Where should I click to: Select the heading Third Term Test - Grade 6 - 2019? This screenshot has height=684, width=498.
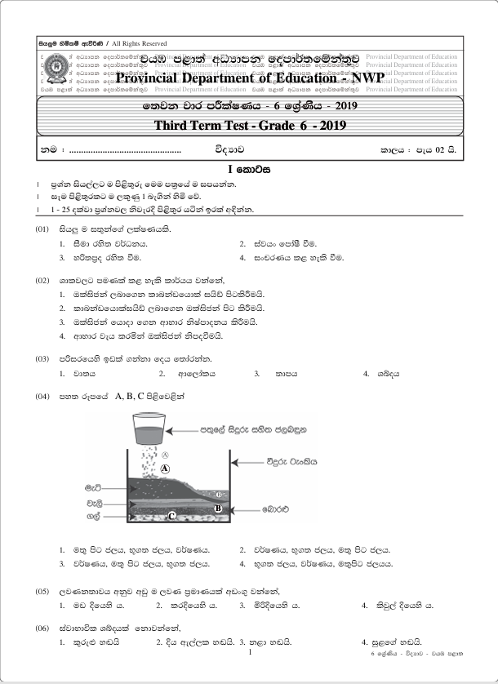[251, 125]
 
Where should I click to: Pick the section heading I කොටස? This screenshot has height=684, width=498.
[249, 171]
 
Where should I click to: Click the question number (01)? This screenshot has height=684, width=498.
[43, 229]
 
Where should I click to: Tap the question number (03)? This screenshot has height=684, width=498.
[43, 358]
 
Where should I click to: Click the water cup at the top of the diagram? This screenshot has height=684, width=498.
[147, 428]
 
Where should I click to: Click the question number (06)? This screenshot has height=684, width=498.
[43, 627]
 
